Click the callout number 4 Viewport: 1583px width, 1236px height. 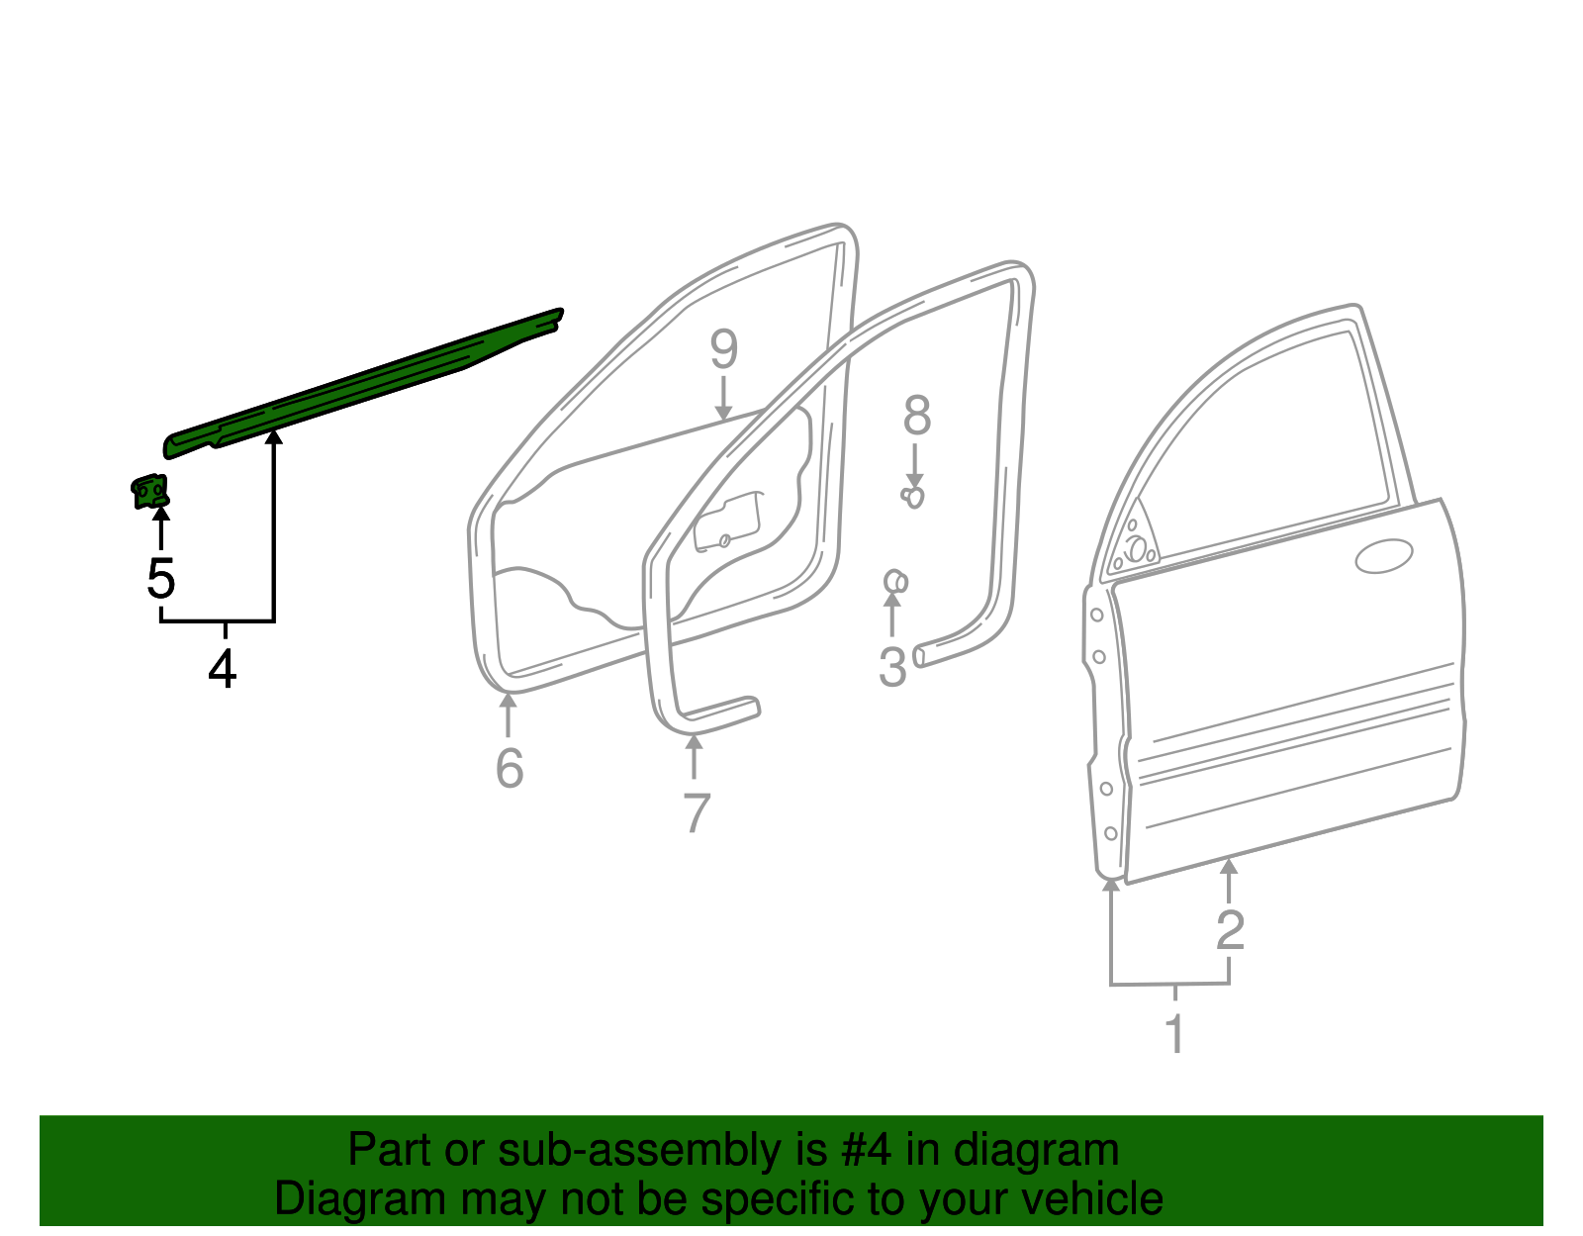click(223, 670)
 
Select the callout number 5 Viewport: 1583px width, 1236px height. click(160, 578)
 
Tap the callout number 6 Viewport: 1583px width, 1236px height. click(509, 768)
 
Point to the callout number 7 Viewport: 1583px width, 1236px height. click(697, 813)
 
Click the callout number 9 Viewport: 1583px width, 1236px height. click(723, 349)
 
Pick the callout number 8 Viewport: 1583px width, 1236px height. click(916, 416)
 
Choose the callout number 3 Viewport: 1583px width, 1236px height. click(892, 666)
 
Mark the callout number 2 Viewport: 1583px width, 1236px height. click(1230, 929)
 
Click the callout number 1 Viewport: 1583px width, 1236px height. click(1174, 1034)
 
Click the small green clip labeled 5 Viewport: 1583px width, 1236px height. click(150, 491)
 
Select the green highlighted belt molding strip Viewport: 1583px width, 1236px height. click(366, 381)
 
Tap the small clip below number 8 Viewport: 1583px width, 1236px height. click(913, 496)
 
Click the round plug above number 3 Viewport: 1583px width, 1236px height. click(894, 582)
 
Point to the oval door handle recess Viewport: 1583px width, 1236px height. click(1383, 556)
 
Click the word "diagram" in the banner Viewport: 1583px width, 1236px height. click(1036, 1151)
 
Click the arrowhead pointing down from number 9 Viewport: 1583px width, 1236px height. click(723, 413)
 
